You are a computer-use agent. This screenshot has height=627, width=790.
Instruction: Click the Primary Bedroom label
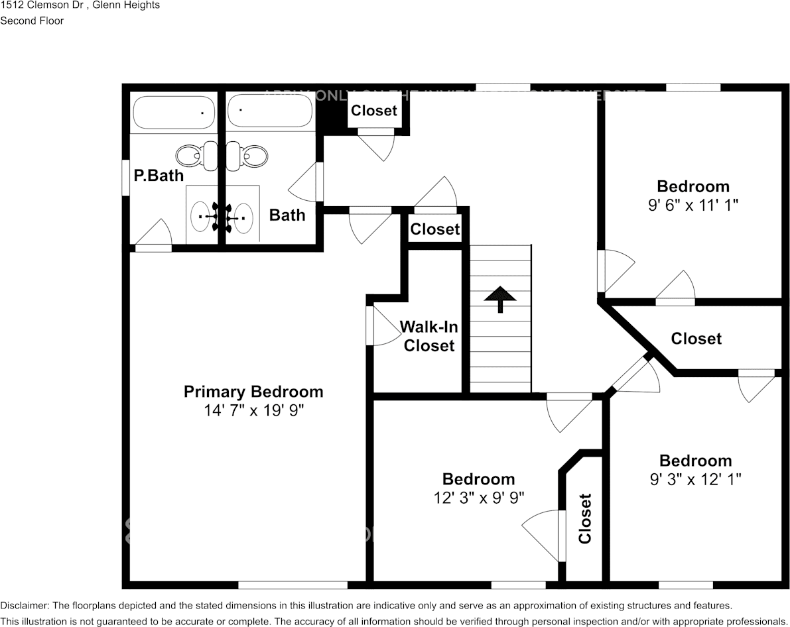(x=253, y=392)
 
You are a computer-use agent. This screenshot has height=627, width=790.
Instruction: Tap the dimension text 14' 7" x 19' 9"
(x=253, y=411)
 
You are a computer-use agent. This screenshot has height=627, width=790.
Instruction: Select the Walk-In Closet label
(x=429, y=336)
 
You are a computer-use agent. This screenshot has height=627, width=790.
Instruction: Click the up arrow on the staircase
(x=500, y=299)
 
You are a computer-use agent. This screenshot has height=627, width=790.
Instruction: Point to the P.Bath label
(x=159, y=176)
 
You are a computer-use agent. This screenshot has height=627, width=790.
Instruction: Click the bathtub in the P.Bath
(x=174, y=112)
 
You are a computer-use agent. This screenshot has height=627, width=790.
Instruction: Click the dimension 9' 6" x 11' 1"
(x=692, y=205)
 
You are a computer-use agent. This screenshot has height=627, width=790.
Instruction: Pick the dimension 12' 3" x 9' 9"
(x=478, y=498)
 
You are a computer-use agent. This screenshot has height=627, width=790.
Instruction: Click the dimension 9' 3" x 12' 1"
(x=695, y=479)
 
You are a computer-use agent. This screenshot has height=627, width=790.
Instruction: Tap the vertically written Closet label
(x=584, y=518)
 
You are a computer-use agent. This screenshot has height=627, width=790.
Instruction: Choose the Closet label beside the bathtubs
(x=374, y=111)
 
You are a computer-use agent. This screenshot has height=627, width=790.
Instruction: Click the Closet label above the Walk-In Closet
(x=434, y=229)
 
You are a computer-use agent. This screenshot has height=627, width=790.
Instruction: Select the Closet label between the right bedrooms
(x=696, y=339)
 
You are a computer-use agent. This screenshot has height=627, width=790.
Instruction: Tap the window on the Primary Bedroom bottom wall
(x=293, y=585)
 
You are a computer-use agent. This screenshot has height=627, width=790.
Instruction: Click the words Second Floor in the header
(x=32, y=21)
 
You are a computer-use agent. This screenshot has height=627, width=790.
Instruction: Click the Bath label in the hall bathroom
(x=287, y=215)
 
